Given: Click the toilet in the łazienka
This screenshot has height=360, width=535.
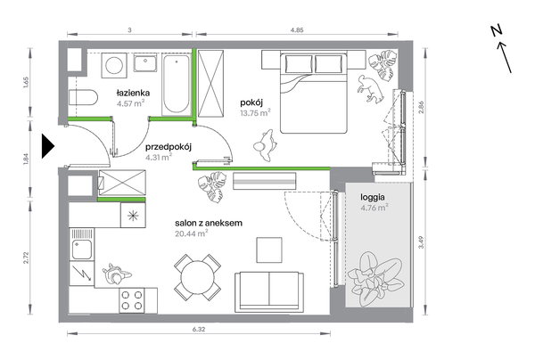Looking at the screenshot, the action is pos(83,98).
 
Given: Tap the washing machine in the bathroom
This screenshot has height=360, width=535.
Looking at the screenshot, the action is pos(114,65).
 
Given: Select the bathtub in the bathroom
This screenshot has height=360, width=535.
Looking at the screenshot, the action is pos(176,84).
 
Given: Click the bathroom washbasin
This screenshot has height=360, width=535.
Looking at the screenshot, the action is pos(145,62).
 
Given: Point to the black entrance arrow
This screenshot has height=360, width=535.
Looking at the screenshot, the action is pos(47,146).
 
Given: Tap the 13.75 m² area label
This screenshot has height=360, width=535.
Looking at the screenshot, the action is pos(255,113).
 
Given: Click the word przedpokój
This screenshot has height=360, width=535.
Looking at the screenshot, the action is pos(169,147).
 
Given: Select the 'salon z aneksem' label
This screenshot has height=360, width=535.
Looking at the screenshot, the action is pos(209,224).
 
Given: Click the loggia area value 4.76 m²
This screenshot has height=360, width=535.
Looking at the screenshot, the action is pos(374,208).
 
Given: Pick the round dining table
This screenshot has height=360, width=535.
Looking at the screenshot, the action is pos(198,277).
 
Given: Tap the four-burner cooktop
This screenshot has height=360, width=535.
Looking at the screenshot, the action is pos(132,300).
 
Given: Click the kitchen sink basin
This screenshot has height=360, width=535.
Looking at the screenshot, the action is pos(81,250).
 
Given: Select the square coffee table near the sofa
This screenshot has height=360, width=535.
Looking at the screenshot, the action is pos(269,250).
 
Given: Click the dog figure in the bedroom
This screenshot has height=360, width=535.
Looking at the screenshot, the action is pos(370,88).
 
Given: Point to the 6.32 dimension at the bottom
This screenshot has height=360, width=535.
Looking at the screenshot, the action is pos(199,330).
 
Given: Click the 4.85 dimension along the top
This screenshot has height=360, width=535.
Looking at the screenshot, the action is pos(297,30).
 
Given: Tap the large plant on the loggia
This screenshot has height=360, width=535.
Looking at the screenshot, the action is pos(376,278).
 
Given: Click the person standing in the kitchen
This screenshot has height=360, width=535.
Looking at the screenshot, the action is pos(115,274).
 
